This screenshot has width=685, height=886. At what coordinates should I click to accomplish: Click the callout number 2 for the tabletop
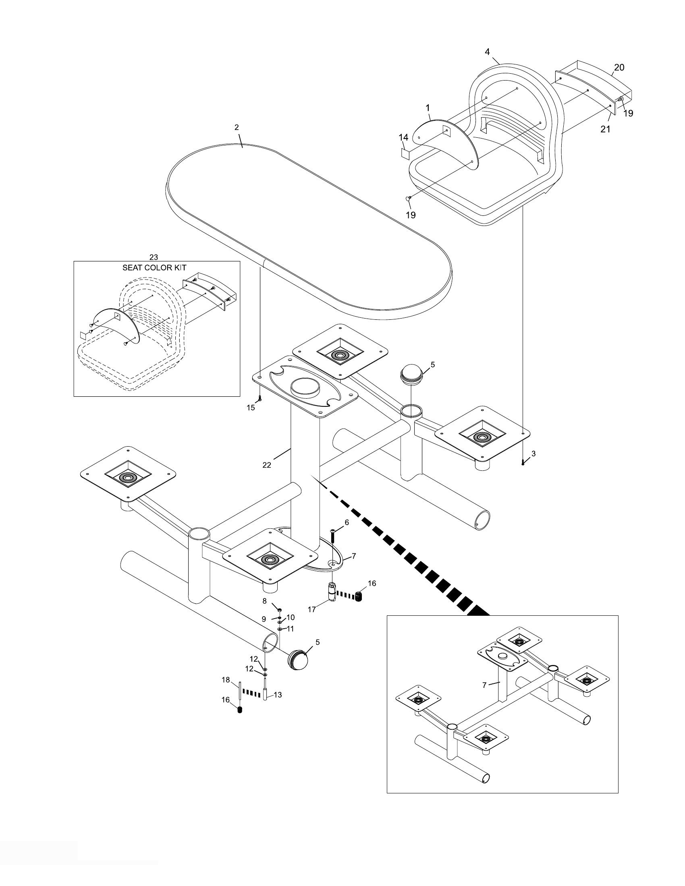coord(237,127)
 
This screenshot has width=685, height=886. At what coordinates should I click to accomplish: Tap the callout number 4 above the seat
coord(488,52)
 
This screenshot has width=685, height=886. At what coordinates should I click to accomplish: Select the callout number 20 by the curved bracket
coord(619,67)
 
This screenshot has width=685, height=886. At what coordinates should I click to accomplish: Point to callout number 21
coord(605,129)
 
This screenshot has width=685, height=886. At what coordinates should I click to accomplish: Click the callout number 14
coord(403,137)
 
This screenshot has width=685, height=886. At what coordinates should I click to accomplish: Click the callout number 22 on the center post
coord(267,465)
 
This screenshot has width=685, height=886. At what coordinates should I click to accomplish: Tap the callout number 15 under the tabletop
coord(251,408)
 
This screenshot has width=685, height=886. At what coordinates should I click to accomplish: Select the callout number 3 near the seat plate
coord(533,453)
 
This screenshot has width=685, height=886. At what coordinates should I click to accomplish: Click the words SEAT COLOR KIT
coord(155,268)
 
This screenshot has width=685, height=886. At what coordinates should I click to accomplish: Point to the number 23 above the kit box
coord(154,257)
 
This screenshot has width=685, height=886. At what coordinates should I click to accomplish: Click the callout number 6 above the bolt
coord(347,523)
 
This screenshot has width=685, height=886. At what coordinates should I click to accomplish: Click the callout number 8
coord(265,600)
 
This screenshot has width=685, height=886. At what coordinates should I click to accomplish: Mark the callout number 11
coord(291,629)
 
